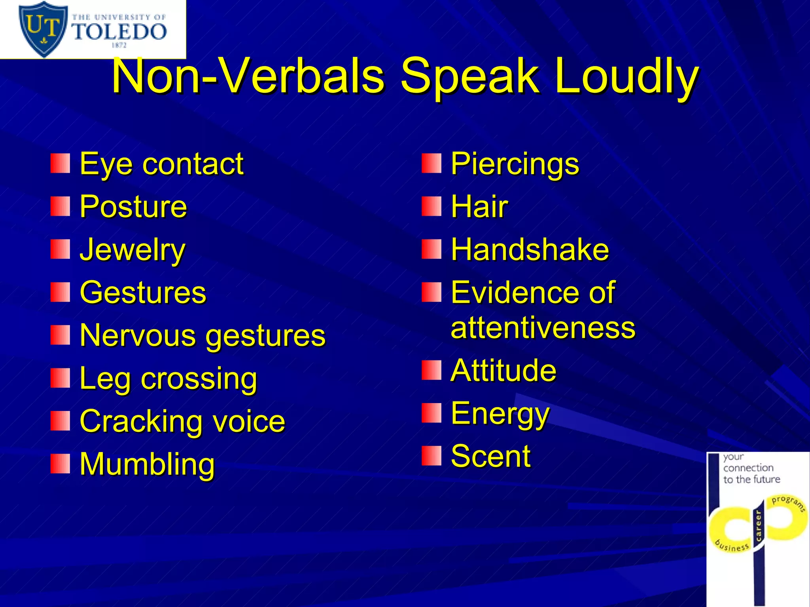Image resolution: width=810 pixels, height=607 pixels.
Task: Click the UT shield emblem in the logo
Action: (42, 28)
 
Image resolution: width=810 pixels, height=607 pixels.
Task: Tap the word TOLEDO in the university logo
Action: (119, 31)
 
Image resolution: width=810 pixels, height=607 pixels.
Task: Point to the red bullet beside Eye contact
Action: (60, 164)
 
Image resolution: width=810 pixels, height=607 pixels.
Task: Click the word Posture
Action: (133, 207)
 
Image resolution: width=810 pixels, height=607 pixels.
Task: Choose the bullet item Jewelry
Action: (132, 250)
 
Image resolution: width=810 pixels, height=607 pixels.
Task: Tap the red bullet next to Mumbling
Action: (60, 464)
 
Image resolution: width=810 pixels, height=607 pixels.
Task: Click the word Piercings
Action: (515, 164)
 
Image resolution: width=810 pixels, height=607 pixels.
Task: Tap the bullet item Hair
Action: (479, 207)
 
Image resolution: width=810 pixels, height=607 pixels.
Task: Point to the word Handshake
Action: (530, 250)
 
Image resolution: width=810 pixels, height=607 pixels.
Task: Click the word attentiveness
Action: (543, 328)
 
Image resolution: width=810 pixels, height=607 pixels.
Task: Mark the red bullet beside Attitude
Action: (431, 370)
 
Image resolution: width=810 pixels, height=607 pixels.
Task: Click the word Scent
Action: (490, 456)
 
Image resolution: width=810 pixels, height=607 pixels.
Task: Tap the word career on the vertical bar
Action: (758, 526)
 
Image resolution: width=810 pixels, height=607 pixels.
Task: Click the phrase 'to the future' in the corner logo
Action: (751, 479)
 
